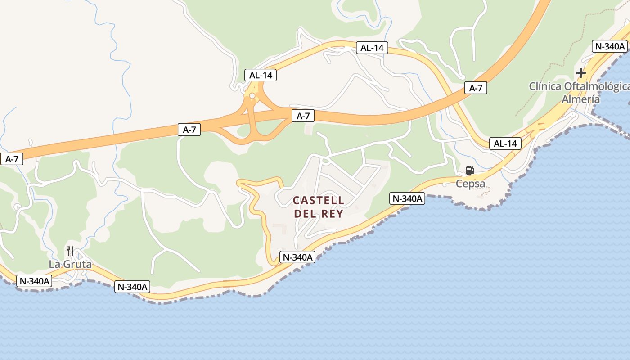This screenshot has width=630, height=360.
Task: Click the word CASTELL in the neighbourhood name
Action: (319, 200)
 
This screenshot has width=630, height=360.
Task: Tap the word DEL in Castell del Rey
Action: (305, 214)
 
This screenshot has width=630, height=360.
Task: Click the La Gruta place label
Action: (70, 264)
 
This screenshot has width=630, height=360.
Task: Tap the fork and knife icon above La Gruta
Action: (70, 251)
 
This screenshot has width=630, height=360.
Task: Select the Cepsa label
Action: (470, 184)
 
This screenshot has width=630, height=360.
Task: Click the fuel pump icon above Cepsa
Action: (470, 171)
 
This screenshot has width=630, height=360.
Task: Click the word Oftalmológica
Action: (600, 86)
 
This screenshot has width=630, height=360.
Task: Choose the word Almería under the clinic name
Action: (580, 99)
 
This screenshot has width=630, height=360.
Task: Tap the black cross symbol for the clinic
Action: (581, 72)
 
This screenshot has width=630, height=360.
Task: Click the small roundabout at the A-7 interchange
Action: (252, 95)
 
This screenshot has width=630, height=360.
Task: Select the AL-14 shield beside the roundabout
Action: (261, 75)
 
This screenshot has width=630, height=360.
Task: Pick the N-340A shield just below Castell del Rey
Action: (297, 257)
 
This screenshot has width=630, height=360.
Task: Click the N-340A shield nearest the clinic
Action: (610, 46)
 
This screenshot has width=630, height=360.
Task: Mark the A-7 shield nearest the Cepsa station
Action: (476, 88)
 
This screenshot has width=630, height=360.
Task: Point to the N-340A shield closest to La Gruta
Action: (34, 281)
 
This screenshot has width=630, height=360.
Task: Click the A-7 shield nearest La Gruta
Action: (11, 159)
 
